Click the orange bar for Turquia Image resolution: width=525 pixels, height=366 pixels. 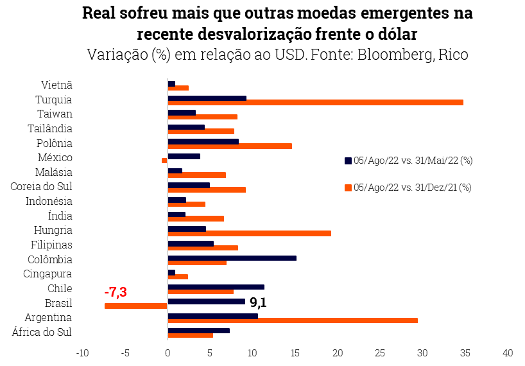coord(315,102)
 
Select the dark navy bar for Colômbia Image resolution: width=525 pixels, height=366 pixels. coord(232,258)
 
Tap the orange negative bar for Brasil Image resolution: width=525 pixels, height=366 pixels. coord(135,306)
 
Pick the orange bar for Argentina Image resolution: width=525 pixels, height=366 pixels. coord(292,320)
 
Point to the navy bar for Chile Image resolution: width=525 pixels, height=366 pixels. coord(216,287)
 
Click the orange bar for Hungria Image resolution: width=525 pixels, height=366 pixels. coord(249,233)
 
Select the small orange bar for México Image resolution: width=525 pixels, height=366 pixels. coord(164,161)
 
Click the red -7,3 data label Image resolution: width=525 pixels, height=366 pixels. coord(116,292)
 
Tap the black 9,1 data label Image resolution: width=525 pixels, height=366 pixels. coord(257,302)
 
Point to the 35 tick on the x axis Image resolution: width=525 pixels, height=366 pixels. coord(465,353)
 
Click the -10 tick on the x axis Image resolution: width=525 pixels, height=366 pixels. coord(82,353)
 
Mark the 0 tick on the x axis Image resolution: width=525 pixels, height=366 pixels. coord(168,353)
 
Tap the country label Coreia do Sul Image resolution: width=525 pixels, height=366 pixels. coord(41,187)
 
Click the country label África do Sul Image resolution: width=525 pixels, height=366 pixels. coord(42,332)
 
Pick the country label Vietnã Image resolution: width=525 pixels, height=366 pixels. coord(56,85)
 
